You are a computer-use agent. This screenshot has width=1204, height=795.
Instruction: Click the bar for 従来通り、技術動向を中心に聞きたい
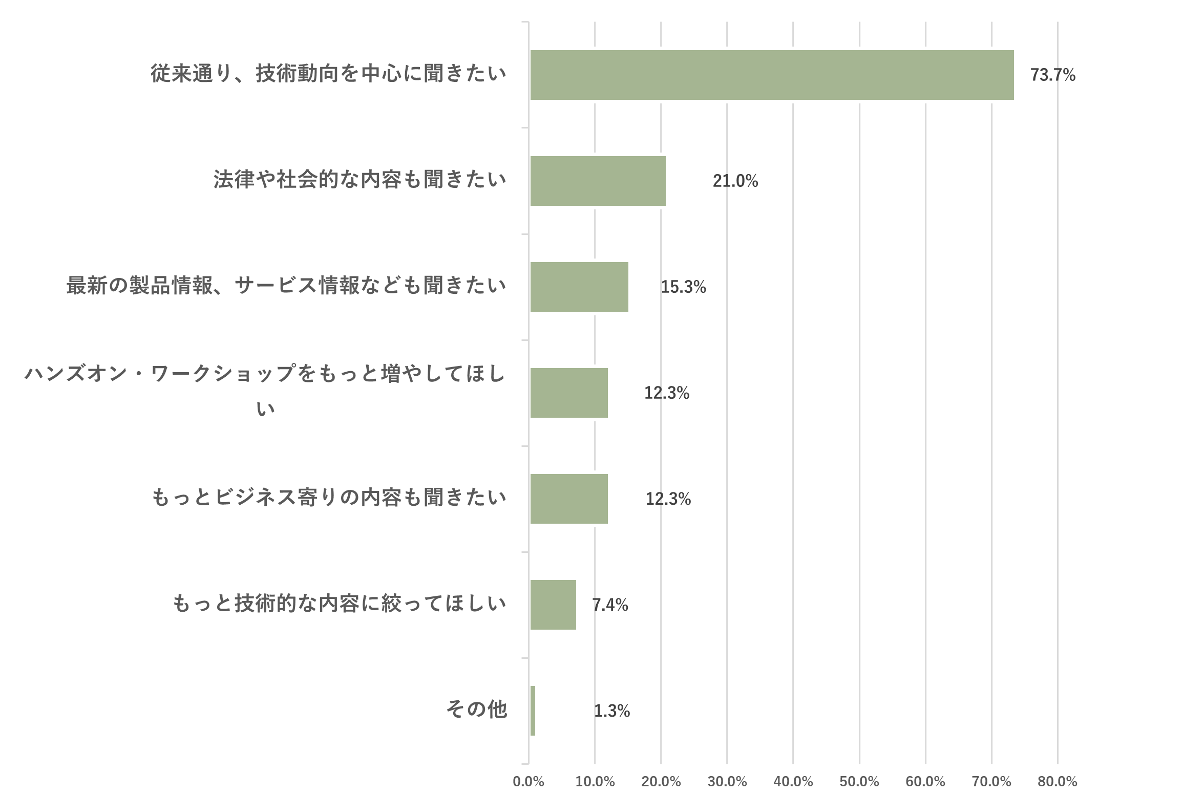(x=772, y=75)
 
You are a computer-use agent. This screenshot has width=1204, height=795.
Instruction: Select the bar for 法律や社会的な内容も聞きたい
(x=598, y=181)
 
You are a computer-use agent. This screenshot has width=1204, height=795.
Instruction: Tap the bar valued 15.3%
(x=579, y=287)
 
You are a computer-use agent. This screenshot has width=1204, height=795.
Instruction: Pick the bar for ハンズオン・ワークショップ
(x=569, y=393)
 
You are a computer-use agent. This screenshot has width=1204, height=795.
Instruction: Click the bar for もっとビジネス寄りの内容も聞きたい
(x=569, y=499)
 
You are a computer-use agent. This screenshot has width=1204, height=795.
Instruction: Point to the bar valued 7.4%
(x=553, y=605)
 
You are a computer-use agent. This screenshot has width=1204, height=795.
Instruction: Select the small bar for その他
(x=533, y=711)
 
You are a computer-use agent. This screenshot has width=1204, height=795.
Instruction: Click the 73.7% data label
(x=1052, y=75)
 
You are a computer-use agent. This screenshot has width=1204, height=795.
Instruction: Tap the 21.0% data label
(x=735, y=181)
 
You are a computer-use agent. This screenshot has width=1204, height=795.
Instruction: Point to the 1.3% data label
(x=611, y=711)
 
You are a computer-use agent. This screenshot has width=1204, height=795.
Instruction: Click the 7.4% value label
(x=610, y=605)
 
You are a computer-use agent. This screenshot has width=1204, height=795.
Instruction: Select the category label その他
(x=476, y=710)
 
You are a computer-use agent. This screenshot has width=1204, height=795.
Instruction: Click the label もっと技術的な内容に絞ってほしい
(x=340, y=604)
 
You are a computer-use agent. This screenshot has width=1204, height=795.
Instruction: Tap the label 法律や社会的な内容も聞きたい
(x=360, y=180)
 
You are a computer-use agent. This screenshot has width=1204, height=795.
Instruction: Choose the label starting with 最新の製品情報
(x=286, y=286)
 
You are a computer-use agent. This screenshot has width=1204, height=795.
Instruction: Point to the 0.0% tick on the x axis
(x=529, y=782)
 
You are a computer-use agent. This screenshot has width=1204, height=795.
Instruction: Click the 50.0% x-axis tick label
(x=859, y=782)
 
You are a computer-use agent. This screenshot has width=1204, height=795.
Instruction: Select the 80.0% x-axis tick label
(x=1058, y=782)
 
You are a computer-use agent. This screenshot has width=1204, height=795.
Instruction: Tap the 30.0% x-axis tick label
(x=727, y=782)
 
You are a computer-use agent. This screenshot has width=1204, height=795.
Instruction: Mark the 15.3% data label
(x=683, y=287)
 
